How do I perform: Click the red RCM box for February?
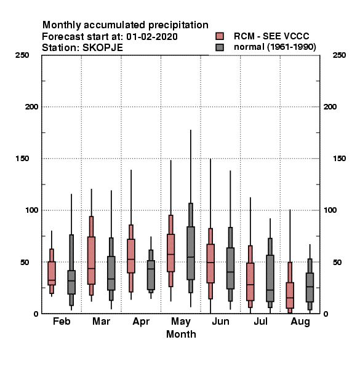coord(52,273)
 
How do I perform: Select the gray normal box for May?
coord(191,253)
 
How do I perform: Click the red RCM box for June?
coord(210,263)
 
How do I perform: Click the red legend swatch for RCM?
coord(220,36)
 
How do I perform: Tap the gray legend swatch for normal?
coord(220,47)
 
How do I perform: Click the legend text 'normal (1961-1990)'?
coord(274,47)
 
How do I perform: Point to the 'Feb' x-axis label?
coord(62,321)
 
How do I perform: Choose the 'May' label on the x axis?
coord(181,322)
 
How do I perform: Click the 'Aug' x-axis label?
coord(300,322)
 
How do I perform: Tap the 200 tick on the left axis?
coord(31,107)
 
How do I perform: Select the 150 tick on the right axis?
coord(339,159)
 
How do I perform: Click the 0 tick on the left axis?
coord(36,314)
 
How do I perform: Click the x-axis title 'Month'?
coord(181,334)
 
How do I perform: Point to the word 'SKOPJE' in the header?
coord(102,48)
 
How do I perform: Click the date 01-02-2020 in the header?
coord(152,37)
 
